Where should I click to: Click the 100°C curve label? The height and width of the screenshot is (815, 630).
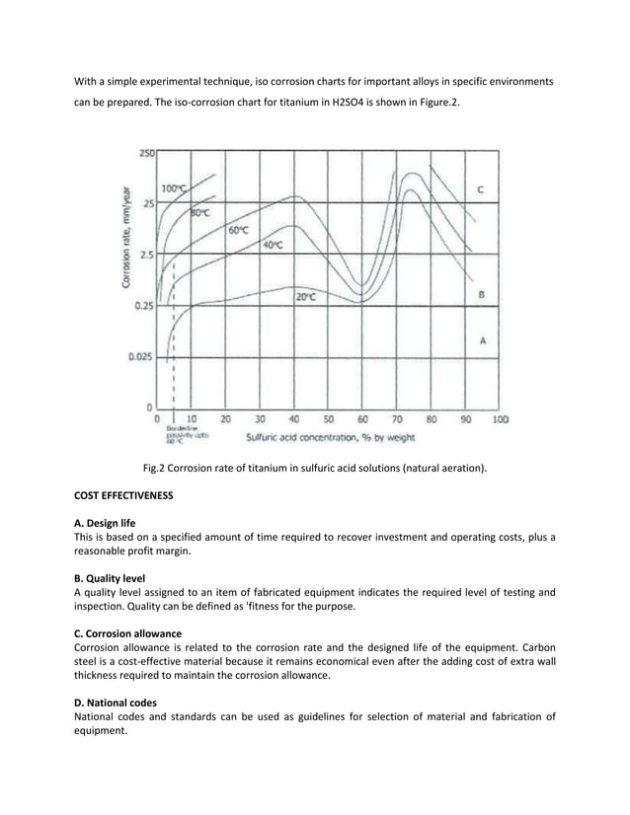click(x=174, y=187)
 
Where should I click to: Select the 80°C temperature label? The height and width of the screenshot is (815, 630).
click(x=201, y=211)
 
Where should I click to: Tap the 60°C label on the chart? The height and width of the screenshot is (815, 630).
click(x=238, y=230)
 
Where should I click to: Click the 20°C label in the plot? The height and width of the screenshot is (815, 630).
click(x=306, y=297)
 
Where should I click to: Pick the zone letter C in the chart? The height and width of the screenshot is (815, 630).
click(x=480, y=188)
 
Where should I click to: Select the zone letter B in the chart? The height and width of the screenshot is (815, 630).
click(x=480, y=294)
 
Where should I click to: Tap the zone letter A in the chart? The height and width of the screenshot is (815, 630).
click(x=481, y=339)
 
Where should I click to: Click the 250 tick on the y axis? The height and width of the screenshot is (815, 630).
click(x=145, y=153)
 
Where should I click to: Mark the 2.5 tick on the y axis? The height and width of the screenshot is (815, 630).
click(x=145, y=255)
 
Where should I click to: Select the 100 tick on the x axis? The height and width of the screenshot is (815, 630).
click(x=500, y=418)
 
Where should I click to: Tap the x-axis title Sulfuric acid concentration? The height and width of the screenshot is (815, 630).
click(x=330, y=435)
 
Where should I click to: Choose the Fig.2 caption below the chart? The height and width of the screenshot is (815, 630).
click(x=314, y=470)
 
